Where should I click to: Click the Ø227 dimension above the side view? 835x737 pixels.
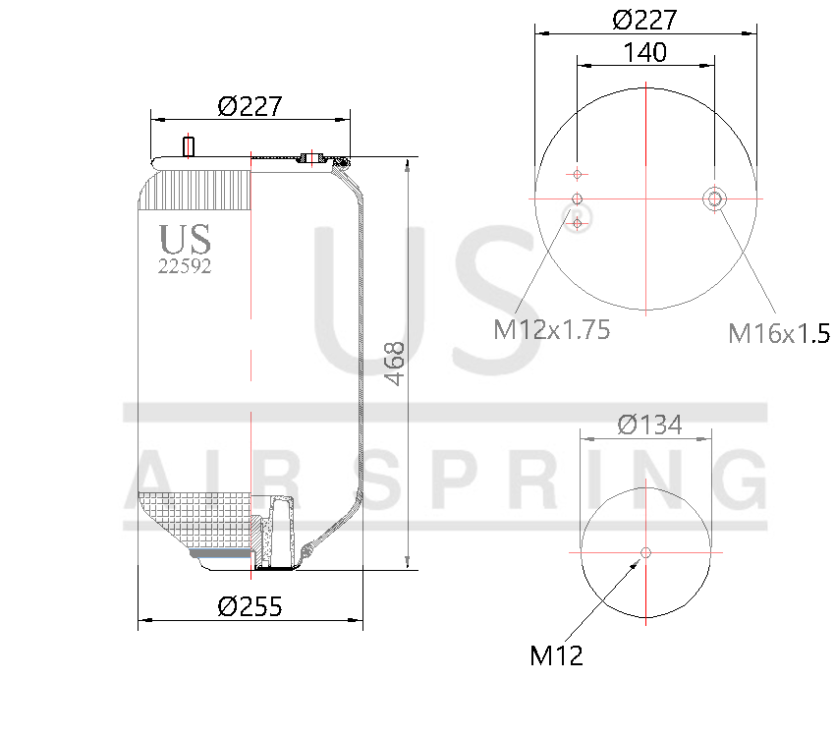250,106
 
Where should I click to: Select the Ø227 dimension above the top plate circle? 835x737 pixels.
644,19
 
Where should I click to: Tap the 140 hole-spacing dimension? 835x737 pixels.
644,52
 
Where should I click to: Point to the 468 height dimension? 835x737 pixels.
394,363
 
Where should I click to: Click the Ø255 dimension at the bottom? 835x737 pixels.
250,606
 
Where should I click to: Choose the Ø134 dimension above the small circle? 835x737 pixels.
649,425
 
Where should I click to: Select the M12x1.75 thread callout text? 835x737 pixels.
551,329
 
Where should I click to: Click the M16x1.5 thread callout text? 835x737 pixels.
778,334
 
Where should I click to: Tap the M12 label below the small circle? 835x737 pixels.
556,655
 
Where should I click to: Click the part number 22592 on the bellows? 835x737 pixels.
185,265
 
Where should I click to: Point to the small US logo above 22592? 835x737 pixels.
185,239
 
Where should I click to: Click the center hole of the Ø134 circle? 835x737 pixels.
645,552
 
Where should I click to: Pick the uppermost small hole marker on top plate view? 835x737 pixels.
578,174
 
